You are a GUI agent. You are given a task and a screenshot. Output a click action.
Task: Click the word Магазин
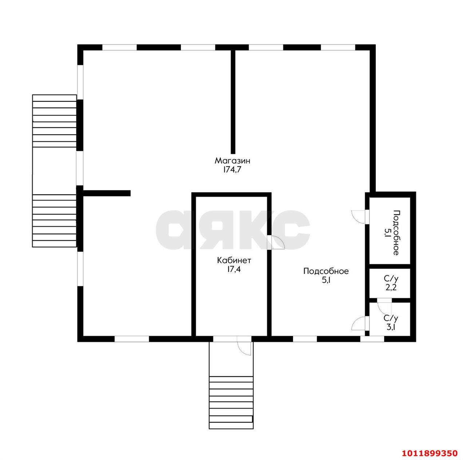click(232, 160)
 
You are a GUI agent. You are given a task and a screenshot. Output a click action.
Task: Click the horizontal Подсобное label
click(326, 271)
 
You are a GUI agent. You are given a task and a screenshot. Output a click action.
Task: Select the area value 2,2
click(391, 287)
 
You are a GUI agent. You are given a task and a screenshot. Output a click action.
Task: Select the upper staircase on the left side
click(54, 121)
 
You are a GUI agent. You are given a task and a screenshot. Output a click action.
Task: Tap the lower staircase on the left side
click(54, 221)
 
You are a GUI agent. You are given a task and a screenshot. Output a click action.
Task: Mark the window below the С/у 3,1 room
click(372, 339)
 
